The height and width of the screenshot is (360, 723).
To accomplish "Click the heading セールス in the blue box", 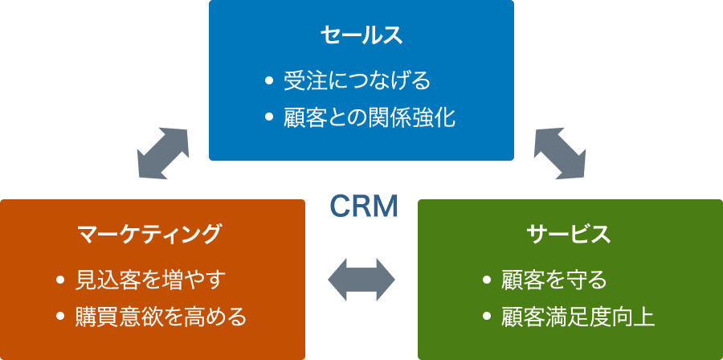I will tap(361, 35).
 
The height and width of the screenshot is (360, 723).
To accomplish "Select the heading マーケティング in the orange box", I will tap(149, 234).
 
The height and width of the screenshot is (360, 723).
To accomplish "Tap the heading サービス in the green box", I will tap(569, 234).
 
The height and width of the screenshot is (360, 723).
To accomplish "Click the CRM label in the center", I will tap(364, 207).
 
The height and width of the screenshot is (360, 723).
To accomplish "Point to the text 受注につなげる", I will tap(357, 80).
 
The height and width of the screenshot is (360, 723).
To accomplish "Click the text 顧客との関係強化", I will tap(370, 117).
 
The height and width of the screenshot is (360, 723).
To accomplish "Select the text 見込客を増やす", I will tap(151, 280).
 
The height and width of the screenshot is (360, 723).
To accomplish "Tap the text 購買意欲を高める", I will tap(161, 316).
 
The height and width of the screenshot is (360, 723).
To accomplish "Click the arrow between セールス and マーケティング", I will tap(163, 151).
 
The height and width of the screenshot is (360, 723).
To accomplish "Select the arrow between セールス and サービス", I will tap(559, 151).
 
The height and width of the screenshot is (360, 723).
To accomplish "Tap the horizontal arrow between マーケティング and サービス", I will tap(361, 280).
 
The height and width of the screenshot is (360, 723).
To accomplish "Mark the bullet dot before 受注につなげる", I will tap(269, 81).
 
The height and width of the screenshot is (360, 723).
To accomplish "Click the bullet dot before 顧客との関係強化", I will tap(269, 118).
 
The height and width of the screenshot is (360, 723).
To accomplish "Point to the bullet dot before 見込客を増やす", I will tap(60, 280).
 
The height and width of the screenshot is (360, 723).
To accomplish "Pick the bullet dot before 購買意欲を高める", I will tap(60, 317).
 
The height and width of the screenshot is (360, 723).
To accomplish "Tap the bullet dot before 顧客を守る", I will tap(486, 280).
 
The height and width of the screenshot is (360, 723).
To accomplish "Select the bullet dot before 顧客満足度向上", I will tap(486, 317).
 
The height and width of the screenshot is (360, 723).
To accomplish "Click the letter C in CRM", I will tap(340, 207).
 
